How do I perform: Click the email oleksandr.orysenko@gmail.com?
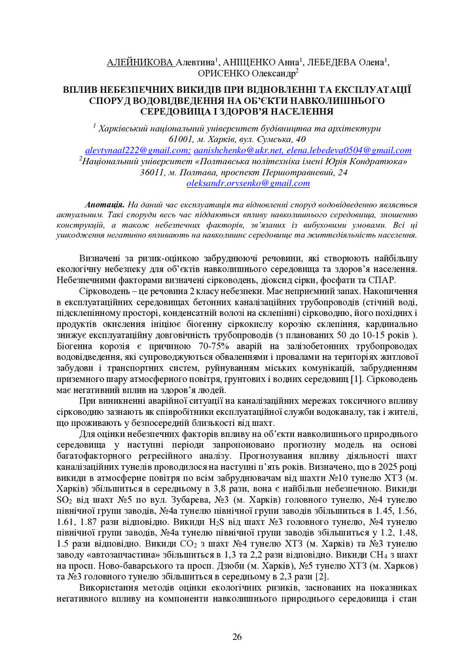pos(239,183)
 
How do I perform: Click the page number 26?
pos(237,637)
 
